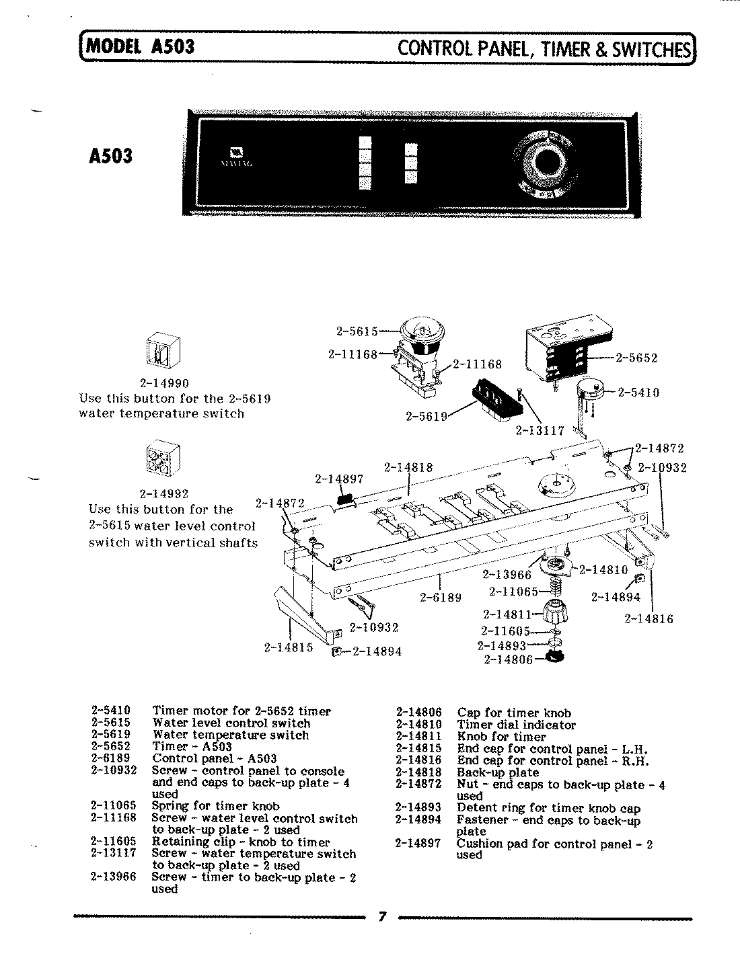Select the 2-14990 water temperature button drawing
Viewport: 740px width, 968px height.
(161, 352)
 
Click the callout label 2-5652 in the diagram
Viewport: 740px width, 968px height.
(636, 358)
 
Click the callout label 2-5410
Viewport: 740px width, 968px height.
(638, 392)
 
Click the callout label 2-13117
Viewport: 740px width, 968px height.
(540, 430)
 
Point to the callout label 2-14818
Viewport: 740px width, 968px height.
(408, 467)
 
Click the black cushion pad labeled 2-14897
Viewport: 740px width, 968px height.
(344, 498)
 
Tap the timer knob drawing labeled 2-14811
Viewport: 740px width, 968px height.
(555, 612)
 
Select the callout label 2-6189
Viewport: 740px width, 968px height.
(441, 596)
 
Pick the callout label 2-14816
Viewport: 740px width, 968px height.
(648, 618)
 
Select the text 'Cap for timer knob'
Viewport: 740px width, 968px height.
(514, 713)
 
